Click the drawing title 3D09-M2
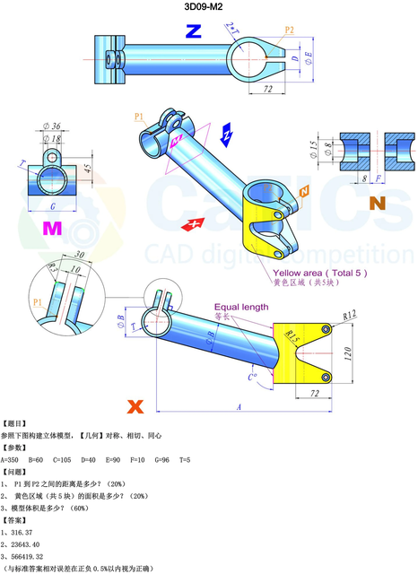coord(209,8)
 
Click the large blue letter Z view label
coord(193,32)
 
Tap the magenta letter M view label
coord(53,229)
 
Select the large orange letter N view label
coord(377,203)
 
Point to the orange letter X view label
coord(135,406)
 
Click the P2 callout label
coord(289,30)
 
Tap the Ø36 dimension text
coord(51,126)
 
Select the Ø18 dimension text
coord(53,139)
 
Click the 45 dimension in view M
coord(88,168)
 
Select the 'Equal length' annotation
coord(240,307)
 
